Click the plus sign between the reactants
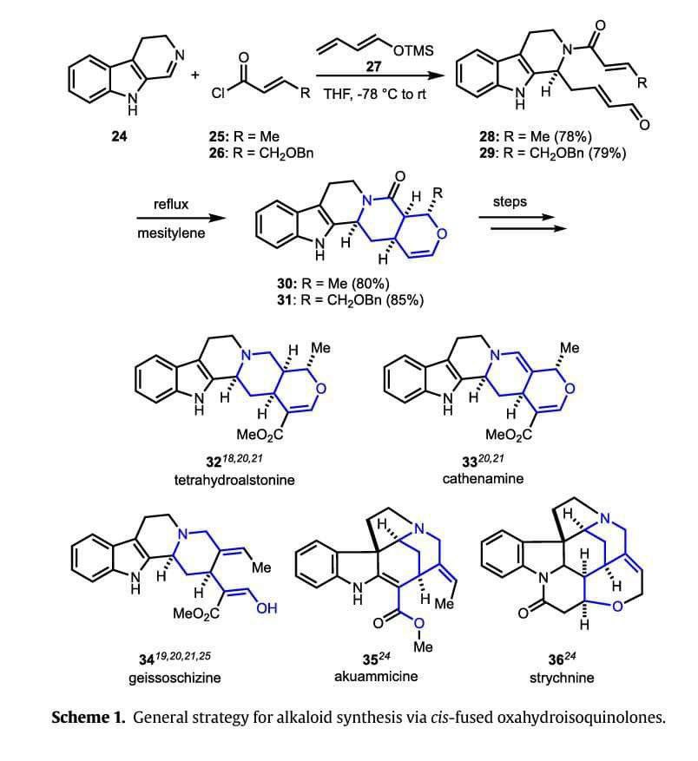196,75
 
